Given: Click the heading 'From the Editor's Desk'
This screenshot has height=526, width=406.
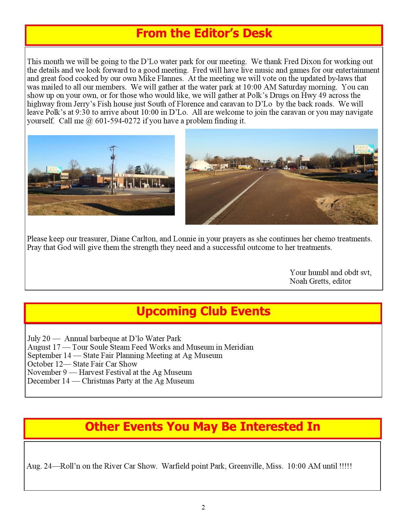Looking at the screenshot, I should coord(204,33).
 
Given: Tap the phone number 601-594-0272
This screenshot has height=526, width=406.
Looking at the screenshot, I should coord(118,121).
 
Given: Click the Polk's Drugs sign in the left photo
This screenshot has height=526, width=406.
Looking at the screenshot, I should coord(54,170).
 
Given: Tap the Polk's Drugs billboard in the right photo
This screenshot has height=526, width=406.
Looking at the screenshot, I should coord(363,150).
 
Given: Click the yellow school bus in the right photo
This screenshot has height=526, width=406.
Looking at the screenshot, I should coord(244,167).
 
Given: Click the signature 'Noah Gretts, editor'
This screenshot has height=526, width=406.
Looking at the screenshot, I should coord(320,281).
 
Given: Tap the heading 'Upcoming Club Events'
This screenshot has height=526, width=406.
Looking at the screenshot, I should coord(203,311).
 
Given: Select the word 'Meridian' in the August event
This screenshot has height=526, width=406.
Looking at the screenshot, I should coord(239,347).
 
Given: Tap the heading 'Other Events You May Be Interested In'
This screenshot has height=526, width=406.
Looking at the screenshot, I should coord(203,427).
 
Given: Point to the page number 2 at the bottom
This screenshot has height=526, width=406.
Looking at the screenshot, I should coord(203,508).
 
